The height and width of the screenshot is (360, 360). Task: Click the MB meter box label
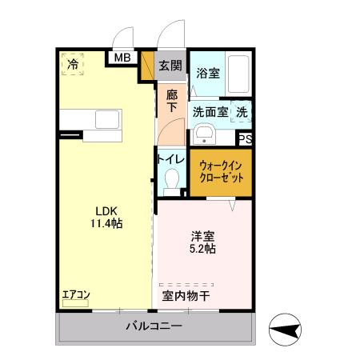123,58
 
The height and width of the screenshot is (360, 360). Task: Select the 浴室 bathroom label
208,71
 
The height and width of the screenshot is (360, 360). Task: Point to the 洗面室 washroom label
210,114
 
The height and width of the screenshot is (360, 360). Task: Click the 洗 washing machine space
242,114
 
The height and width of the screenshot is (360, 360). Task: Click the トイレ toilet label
171,159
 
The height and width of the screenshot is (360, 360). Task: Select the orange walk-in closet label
221,170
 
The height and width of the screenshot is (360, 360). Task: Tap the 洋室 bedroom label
203,236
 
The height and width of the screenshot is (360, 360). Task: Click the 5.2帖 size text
203,250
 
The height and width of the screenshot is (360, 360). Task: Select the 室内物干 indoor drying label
186,296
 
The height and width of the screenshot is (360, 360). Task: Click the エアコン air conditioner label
76,295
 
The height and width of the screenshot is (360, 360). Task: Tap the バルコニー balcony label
154,326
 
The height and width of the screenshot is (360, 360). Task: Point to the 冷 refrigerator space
73,65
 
